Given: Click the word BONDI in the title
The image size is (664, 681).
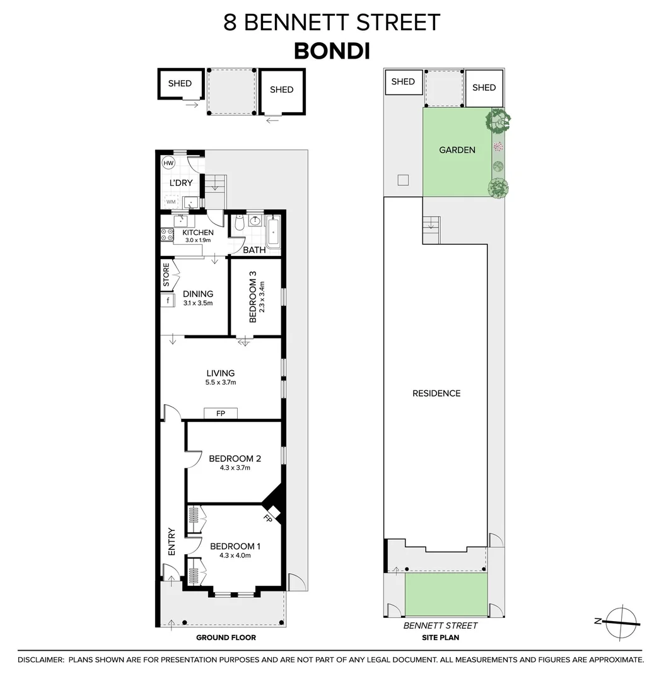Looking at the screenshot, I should [x=332, y=50].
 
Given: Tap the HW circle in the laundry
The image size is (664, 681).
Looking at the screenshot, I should [x=168, y=163].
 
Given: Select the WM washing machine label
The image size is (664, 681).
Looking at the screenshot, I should [x=171, y=202].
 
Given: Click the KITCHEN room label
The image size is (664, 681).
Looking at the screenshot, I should [x=198, y=233].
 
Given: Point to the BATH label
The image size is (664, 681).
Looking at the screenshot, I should [x=255, y=250].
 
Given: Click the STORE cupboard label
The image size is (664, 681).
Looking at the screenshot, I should [x=166, y=276].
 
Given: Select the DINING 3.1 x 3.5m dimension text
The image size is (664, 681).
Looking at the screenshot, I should [x=198, y=303].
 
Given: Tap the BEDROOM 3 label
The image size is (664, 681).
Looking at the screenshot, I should [x=253, y=296].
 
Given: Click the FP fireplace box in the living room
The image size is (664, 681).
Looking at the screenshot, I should [x=221, y=413].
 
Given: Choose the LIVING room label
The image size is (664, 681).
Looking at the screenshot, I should [x=219, y=373].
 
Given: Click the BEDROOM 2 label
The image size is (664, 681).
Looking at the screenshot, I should [x=235, y=459].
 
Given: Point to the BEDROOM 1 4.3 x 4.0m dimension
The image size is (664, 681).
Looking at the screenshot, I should [x=235, y=556].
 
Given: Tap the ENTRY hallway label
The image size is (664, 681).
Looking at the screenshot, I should [x=172, y=541].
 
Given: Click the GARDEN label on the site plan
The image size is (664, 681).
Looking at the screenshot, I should [x=457, y=150].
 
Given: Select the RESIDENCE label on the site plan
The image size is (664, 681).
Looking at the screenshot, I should [x=436, y=393].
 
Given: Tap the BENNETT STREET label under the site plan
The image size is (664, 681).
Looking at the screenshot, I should [x=440, y=626].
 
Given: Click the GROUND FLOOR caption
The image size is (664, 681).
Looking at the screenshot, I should [x=226, y=637].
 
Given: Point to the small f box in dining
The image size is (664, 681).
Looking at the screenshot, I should [x=168, y=300].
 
